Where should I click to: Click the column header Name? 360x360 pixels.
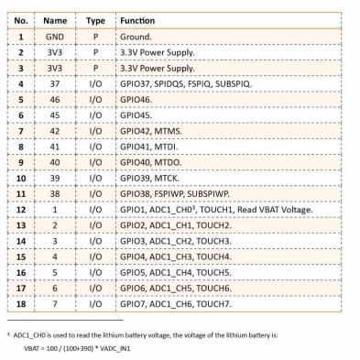55,19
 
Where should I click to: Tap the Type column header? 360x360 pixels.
94,19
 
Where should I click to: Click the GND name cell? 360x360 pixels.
55,37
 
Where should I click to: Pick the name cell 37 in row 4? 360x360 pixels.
55,83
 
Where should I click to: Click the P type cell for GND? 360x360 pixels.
94,37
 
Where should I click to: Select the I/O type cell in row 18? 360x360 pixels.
94,303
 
